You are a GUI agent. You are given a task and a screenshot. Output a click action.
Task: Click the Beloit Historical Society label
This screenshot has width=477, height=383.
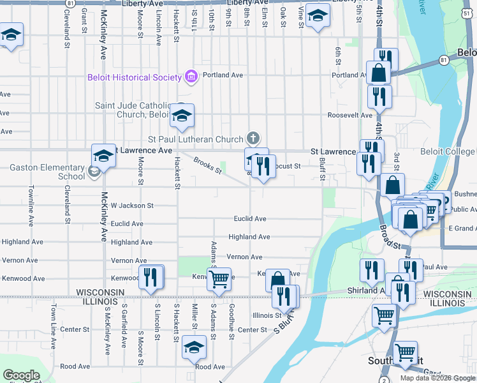135,77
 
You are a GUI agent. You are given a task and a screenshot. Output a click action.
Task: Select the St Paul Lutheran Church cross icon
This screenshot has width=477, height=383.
253,139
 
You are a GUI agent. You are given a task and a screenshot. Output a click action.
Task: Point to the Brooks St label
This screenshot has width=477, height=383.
208,167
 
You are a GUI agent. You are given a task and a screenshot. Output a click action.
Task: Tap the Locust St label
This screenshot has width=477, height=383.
288,166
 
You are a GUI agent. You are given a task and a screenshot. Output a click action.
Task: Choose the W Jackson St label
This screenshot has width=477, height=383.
132,206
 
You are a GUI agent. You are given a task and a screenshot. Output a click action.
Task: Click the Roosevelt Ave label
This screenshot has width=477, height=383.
349,116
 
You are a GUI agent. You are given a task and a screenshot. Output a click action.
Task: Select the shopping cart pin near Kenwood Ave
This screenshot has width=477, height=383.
219,278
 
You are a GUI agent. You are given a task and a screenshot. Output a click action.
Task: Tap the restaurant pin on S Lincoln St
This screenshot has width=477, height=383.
150,277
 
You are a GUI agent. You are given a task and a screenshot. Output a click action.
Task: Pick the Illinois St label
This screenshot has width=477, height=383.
267,315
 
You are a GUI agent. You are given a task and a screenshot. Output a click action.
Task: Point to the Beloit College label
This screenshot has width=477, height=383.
448,151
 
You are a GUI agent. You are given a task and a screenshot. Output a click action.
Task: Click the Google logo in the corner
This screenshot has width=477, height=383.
22,375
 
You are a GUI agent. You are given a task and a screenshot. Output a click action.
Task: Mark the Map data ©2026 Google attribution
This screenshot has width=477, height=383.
438,378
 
